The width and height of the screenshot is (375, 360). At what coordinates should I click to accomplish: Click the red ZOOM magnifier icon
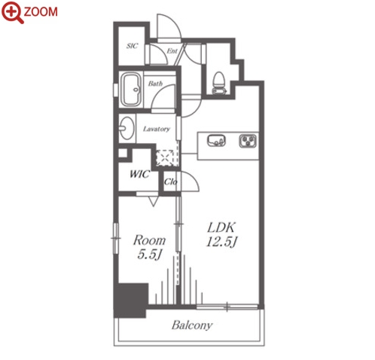(12, 12)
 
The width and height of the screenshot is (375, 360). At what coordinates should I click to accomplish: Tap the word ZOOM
(41, 12)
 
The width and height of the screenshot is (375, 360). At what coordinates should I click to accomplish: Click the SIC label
(132, 46)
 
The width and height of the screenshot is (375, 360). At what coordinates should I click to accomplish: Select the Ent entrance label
(172, 51)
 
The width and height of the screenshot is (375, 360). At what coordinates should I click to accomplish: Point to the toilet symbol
(219, 83)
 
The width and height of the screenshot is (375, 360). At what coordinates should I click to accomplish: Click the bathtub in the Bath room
(131, 90)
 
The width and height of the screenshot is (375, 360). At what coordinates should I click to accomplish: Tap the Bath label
(155, 83)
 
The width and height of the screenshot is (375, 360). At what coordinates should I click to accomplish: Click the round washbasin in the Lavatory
(127, 128)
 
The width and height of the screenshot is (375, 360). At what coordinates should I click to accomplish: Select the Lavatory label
(157, 129)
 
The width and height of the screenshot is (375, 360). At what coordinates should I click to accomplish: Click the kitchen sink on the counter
(216, 140)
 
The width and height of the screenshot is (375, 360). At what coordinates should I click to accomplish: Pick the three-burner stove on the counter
(248, 141)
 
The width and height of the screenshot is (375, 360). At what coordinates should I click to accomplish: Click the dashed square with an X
(165, 158)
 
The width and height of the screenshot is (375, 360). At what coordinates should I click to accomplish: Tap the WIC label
(140, 174)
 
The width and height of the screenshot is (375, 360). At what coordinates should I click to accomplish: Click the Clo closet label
(170, 182)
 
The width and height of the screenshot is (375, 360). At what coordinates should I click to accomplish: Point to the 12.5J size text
(222, 242)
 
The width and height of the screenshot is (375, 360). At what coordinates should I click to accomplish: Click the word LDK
(221, 227)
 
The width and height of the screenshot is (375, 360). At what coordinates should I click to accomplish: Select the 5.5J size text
(149, 255)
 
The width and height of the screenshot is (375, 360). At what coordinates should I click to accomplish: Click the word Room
(149, 240)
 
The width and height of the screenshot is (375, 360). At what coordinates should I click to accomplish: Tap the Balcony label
(192, 325)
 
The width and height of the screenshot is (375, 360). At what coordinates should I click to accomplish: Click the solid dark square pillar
(130, 301)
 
